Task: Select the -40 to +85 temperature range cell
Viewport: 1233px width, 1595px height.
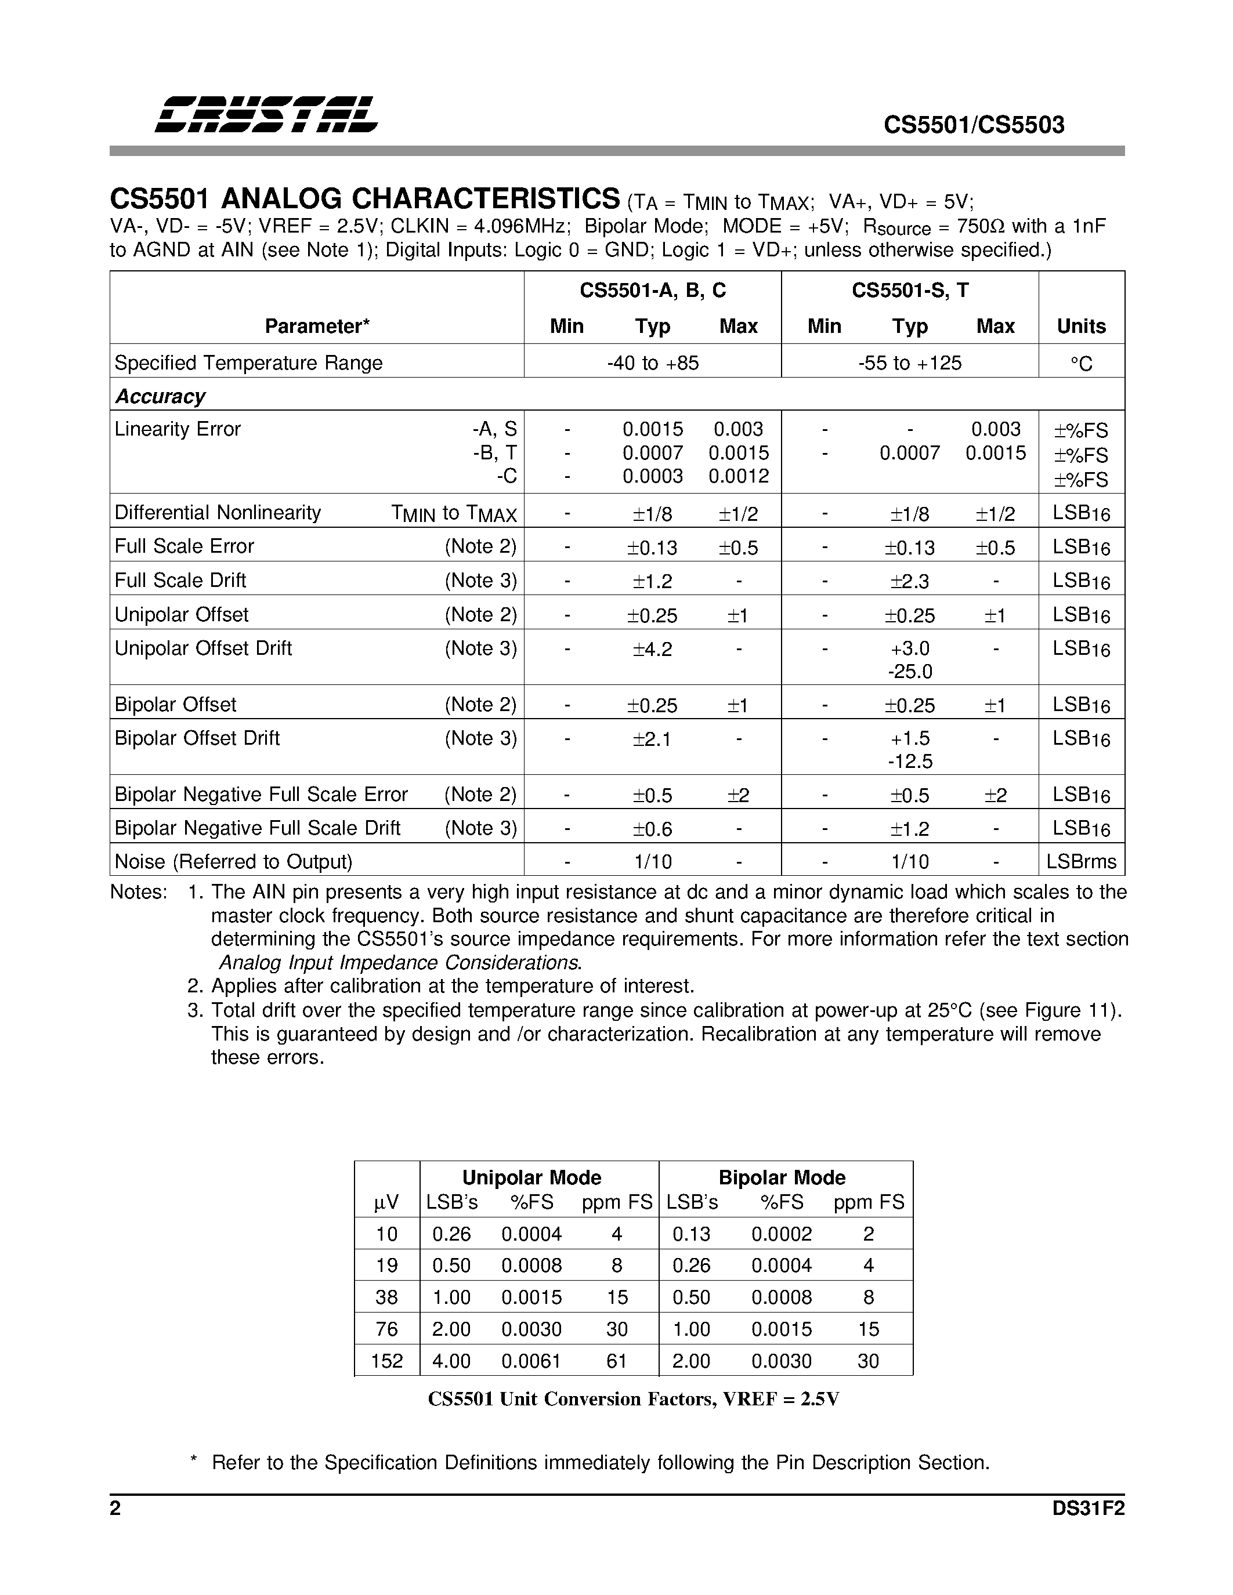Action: coord(652,363)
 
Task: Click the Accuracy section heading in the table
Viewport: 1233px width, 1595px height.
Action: coord(160,397)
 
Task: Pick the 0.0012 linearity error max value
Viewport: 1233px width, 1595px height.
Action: coord(739,476)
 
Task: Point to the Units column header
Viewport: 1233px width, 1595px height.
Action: coord(1081,327)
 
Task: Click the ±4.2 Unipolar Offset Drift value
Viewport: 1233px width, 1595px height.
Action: coord(652,649)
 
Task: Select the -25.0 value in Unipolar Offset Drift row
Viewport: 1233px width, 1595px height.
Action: coord(909,671)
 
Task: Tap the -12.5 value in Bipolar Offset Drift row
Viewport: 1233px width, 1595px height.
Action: coord(909,762)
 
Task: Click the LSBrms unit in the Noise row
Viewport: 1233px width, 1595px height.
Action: coord(1081,862)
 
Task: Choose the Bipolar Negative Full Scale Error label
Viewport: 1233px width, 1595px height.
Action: coord(261,795)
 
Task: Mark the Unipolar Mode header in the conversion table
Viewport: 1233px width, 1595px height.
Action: coord(531,1177)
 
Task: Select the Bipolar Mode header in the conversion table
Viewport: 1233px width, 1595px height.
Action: coord(782,1177)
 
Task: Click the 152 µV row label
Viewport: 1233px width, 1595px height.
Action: coord(386,1361)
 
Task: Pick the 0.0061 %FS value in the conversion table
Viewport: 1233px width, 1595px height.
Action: coord(531,1361)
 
